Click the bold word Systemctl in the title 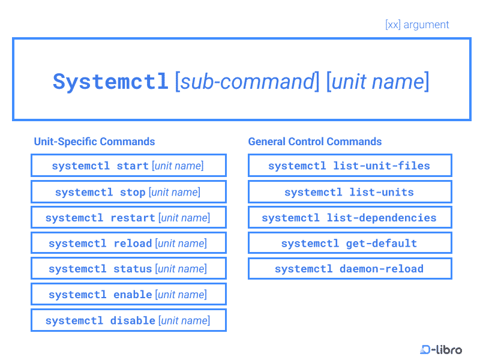tap(110, 82)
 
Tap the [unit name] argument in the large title tap(377, 82)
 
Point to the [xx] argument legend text tap(417, 25)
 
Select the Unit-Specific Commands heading tap(94, 142)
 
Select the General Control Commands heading tap(315, 142)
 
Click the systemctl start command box tap(128, 166)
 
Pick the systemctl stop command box tap(128, 192)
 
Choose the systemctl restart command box tap(128, 218)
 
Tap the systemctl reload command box tap(128, 243)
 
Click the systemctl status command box tap(128, 269)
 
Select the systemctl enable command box tap(128, 295)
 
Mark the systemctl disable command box tap(128, 320)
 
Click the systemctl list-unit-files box tap(349, 166)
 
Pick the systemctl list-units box tap(349, 192)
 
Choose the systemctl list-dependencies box tap(349, 218)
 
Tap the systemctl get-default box tap(349, 243)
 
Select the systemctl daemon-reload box tap(349, 269)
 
